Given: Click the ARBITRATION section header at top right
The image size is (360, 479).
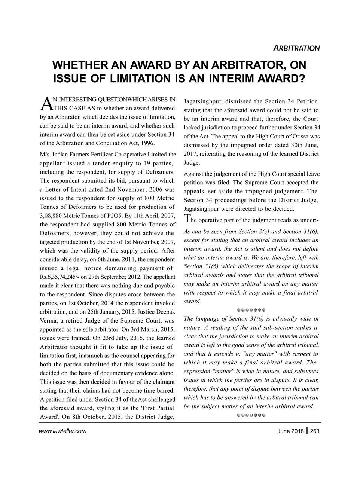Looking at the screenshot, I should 296,48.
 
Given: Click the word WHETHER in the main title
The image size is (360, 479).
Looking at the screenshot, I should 82,65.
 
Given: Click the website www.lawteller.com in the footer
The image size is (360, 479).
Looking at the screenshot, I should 62,431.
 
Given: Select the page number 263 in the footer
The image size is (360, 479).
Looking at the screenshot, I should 315,431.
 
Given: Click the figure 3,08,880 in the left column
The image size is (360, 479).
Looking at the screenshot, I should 51,216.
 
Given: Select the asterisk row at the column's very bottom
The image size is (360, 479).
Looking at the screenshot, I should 251,416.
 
